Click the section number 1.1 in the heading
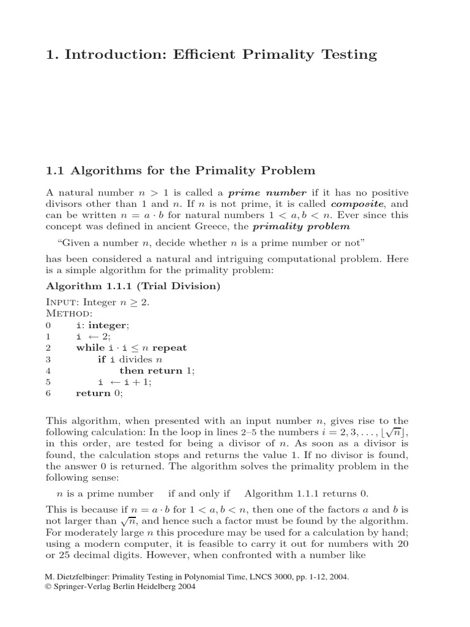[56, 170]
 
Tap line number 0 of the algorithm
[49, 325]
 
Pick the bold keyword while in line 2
[89, 348]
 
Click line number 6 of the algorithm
[49, 394]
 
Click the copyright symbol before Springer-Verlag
[50, 586]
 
